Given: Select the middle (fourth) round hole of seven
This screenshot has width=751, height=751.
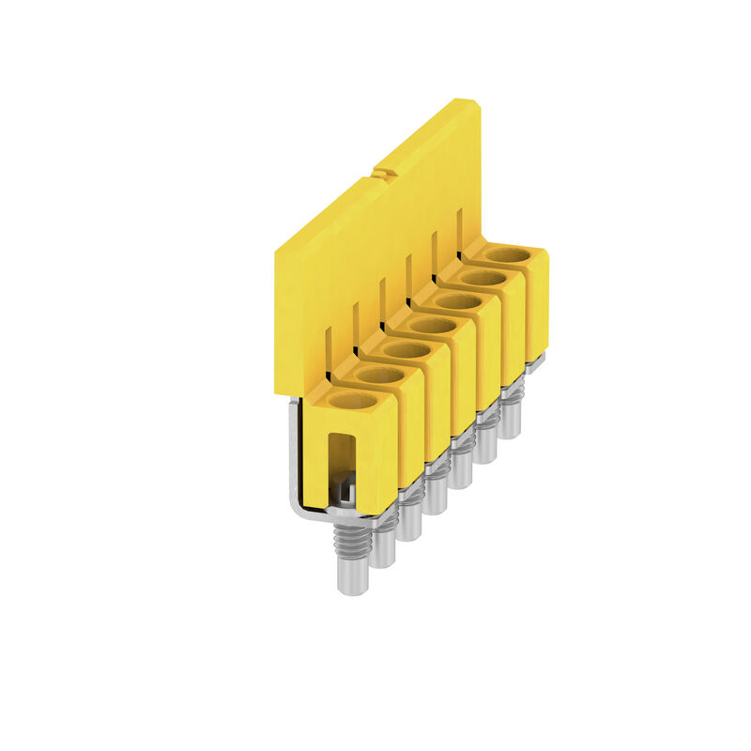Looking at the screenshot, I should pos(434,326).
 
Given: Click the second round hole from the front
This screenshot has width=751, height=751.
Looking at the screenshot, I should pos(381,375).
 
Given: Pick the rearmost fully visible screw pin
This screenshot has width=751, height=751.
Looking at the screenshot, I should pos(510,413).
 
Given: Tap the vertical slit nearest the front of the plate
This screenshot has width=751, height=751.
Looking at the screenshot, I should pos(329,352).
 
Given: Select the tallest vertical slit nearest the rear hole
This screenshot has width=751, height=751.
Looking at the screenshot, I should pos(459,230).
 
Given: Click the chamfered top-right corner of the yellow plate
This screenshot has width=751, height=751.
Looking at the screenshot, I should pos(476,103).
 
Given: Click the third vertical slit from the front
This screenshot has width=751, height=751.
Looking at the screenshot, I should pos(381,300).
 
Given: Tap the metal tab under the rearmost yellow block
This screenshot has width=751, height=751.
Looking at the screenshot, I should pos(533,366).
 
